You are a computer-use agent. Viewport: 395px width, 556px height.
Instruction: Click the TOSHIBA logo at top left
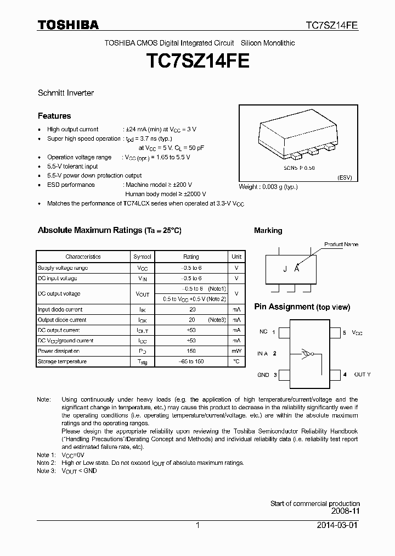pos(68,25)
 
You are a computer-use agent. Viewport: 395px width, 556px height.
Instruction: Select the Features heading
pos(54,116)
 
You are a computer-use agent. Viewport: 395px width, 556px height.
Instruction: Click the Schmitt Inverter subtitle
pos(65,93)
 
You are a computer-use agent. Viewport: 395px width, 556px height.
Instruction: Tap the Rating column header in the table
pos(191,257)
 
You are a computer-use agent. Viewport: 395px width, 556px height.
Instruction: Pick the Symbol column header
pos(142,257)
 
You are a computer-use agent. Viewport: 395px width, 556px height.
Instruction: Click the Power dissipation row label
pos(59,351)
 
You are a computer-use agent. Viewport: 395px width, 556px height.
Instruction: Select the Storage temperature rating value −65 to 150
pos(191,362)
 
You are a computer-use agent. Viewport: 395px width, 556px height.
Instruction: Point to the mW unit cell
pos(236,351)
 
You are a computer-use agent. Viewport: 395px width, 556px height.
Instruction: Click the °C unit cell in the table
pos(236,362)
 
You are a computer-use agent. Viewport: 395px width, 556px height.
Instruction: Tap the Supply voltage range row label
pos(63,268)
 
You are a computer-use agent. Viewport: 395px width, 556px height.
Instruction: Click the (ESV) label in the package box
pos(344,178)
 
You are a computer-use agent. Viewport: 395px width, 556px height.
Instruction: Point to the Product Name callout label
pos(341,244)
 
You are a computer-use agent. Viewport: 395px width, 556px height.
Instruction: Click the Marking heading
pos(268,231)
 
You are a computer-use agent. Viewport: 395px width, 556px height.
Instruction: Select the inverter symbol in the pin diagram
pos(307,354)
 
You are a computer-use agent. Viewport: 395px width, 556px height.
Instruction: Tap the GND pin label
pos(263,375)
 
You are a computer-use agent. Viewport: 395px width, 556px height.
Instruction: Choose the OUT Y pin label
pos(362,375)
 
